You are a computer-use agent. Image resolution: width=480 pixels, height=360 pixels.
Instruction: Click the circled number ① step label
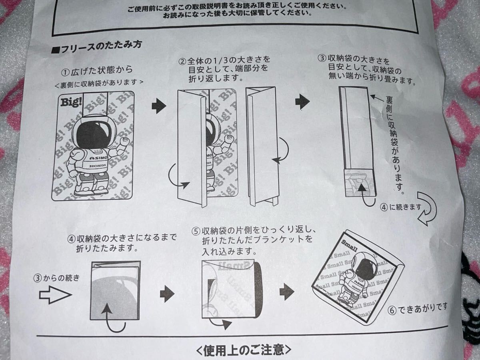[65, 72]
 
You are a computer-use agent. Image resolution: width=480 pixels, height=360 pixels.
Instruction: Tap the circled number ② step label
[182, 62]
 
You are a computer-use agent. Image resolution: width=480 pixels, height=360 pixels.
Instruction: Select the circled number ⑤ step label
[196, 232]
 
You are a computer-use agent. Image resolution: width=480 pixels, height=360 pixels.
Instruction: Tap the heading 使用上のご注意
[244, 350]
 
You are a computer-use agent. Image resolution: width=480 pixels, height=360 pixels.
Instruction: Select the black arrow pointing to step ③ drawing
[302, 102]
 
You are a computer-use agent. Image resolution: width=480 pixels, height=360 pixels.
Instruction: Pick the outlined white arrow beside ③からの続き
[55, 296]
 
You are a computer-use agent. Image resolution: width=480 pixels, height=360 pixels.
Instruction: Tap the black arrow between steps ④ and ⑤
[167, 295]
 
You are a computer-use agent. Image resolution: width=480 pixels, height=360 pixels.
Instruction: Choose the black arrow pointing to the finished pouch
[286, 292]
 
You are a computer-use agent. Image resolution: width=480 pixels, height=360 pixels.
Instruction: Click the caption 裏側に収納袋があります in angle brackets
[99, 83]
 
